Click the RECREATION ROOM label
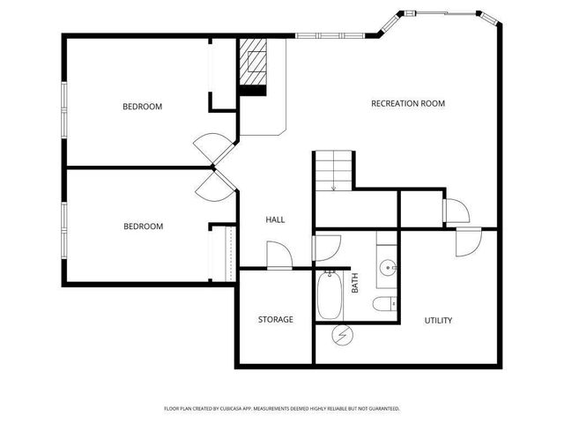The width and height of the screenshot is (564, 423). coord(408,104)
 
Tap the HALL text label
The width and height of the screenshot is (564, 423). coord(275,219)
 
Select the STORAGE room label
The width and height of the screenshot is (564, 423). coord(276,319)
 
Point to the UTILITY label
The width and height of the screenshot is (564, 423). coord(438,321)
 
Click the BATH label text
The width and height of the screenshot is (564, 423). coord(355,283)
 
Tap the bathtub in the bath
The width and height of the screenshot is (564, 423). coord(329,295)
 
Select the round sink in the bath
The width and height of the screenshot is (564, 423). coord(388,268)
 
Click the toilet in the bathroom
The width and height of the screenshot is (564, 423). coord(384,304)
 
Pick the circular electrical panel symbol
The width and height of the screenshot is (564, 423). coord(343,335)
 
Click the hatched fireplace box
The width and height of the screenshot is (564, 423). coord(253,62)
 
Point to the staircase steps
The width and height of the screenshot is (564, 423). coord(333,170)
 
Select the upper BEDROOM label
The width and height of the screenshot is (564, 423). coord(143,107)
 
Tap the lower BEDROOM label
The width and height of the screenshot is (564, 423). coord(143,226)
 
